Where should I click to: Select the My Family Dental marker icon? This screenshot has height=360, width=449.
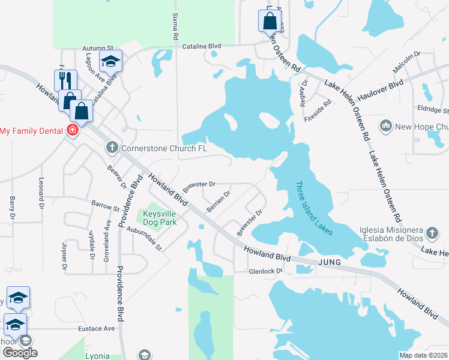point(73,130)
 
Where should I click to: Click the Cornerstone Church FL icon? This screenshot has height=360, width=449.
point(112,148)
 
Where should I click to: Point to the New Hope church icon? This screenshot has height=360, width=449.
point(385,126)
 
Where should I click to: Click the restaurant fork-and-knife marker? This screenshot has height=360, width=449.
point(65,80)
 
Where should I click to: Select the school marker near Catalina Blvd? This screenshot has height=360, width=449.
point(110,61)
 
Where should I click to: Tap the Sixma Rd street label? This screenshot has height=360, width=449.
point(175,25)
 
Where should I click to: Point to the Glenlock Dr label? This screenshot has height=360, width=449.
point(265,271)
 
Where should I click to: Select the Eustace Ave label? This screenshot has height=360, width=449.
point(96,329)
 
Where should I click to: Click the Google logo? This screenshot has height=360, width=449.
point(20,353)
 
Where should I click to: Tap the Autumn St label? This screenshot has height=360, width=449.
point(98,47)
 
